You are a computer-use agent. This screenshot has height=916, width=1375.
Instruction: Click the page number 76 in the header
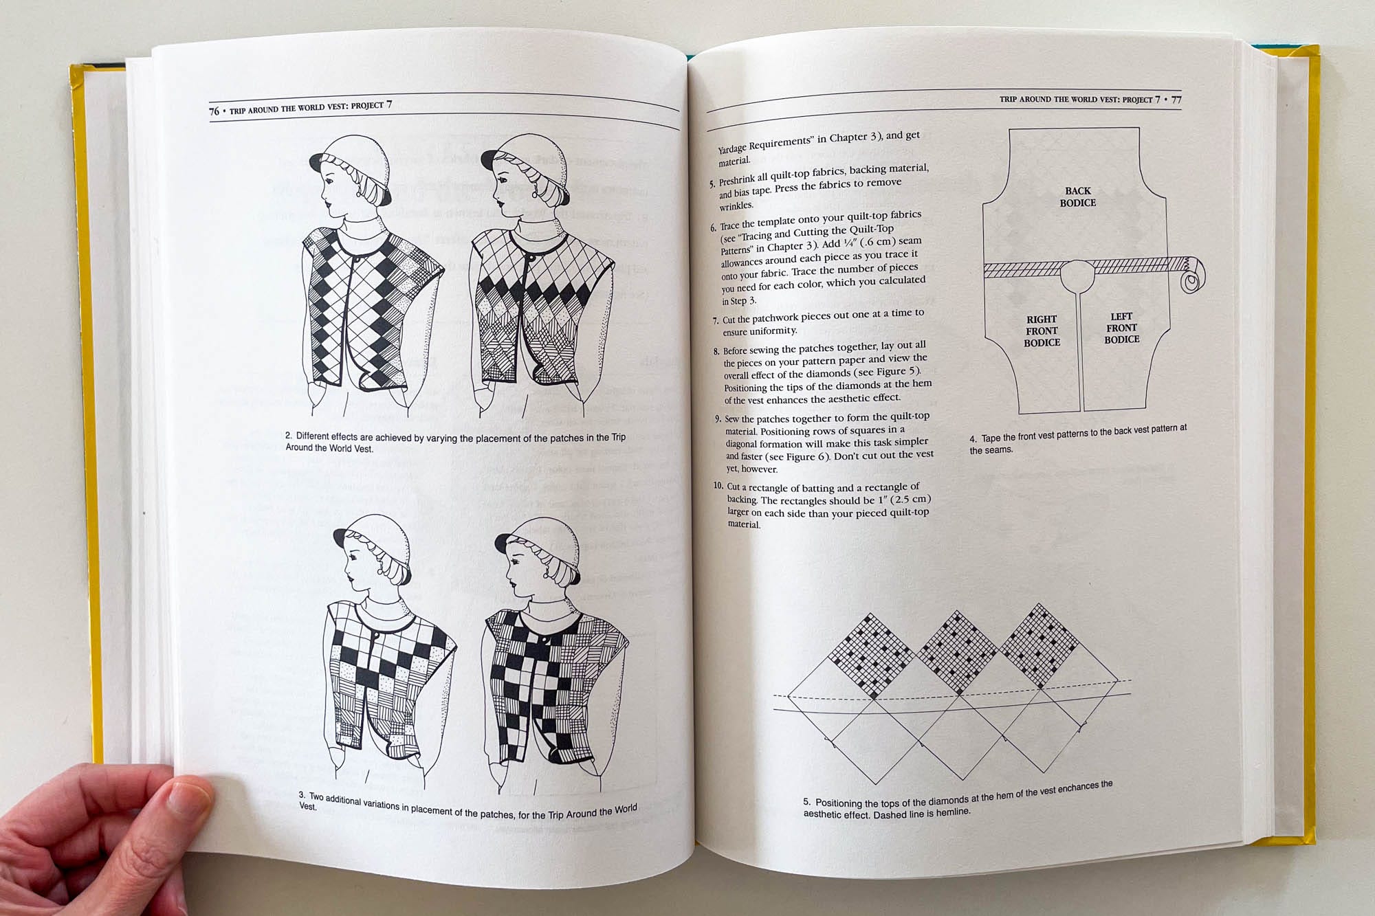(x=214, y=111)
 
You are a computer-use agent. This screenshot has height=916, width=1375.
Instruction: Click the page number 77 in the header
(x=1176, y=100)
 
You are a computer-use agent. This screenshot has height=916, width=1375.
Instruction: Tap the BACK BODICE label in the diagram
(x=1077, y=197)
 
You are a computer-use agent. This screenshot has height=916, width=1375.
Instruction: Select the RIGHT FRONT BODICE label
(x=1042, y=331)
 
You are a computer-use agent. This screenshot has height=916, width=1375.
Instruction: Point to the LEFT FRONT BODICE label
(x=1122, y=328)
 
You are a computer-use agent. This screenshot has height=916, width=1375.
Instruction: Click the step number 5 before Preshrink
(x=712, y=184)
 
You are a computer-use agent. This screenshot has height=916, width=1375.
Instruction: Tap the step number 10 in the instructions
(x=718, y=486)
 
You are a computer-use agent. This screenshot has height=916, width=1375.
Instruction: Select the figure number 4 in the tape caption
(x=973, y=439)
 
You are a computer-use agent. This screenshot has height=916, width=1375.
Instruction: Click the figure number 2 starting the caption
(x=289, y=436)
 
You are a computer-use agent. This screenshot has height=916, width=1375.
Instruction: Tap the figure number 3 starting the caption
(x=302, y=795)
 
